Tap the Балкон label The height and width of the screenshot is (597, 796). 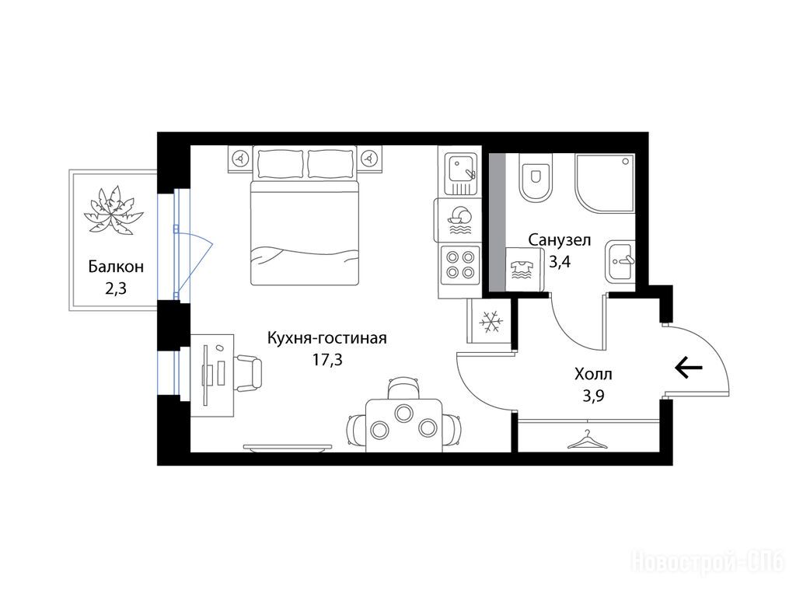click(x=116, y=267)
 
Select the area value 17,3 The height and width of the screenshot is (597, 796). click(x=327, y=360)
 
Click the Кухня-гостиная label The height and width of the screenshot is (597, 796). click(x=327, y=337)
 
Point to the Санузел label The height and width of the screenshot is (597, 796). click(x=560, y=239)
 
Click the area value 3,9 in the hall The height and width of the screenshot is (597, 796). click(x=593, y=396)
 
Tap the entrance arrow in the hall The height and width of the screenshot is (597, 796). click(x=689, y=367)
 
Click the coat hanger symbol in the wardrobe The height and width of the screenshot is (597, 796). click(x=588, y=440)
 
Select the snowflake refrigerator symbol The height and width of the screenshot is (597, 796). click(x=491, y=322)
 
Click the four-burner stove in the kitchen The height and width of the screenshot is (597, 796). click(x=460, y=264)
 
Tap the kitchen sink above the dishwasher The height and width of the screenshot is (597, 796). click(x=460, y=174)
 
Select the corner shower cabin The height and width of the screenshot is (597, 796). click(x=605, y=183)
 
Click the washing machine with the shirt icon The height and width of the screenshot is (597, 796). click(x=524, y=270)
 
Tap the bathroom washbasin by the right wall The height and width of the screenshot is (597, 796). click(x=620, y=261)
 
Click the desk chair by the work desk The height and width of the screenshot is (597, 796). click(x=249, y=373)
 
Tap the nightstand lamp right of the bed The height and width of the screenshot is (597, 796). click(x=370, y=159)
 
